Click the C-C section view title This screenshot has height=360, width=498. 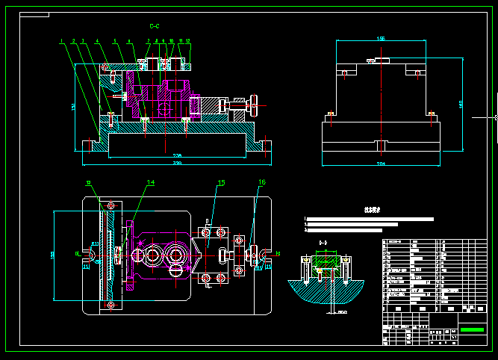(155, 25)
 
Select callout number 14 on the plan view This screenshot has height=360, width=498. (150, 182)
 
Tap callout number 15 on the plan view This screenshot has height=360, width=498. (220, 182)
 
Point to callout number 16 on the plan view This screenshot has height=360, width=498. (261, 182)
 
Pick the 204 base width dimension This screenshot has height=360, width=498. (381, 162)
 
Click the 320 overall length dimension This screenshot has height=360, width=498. (177, 162)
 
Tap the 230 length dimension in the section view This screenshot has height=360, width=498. (177, 155)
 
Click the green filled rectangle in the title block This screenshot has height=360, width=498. (471, 329)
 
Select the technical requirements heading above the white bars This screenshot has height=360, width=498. (367, 210)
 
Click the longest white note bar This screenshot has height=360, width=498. (370, 219)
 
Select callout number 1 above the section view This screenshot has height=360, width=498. (62, 40)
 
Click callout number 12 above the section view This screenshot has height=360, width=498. (188, 40)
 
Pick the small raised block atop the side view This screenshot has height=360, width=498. (381, 59)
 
